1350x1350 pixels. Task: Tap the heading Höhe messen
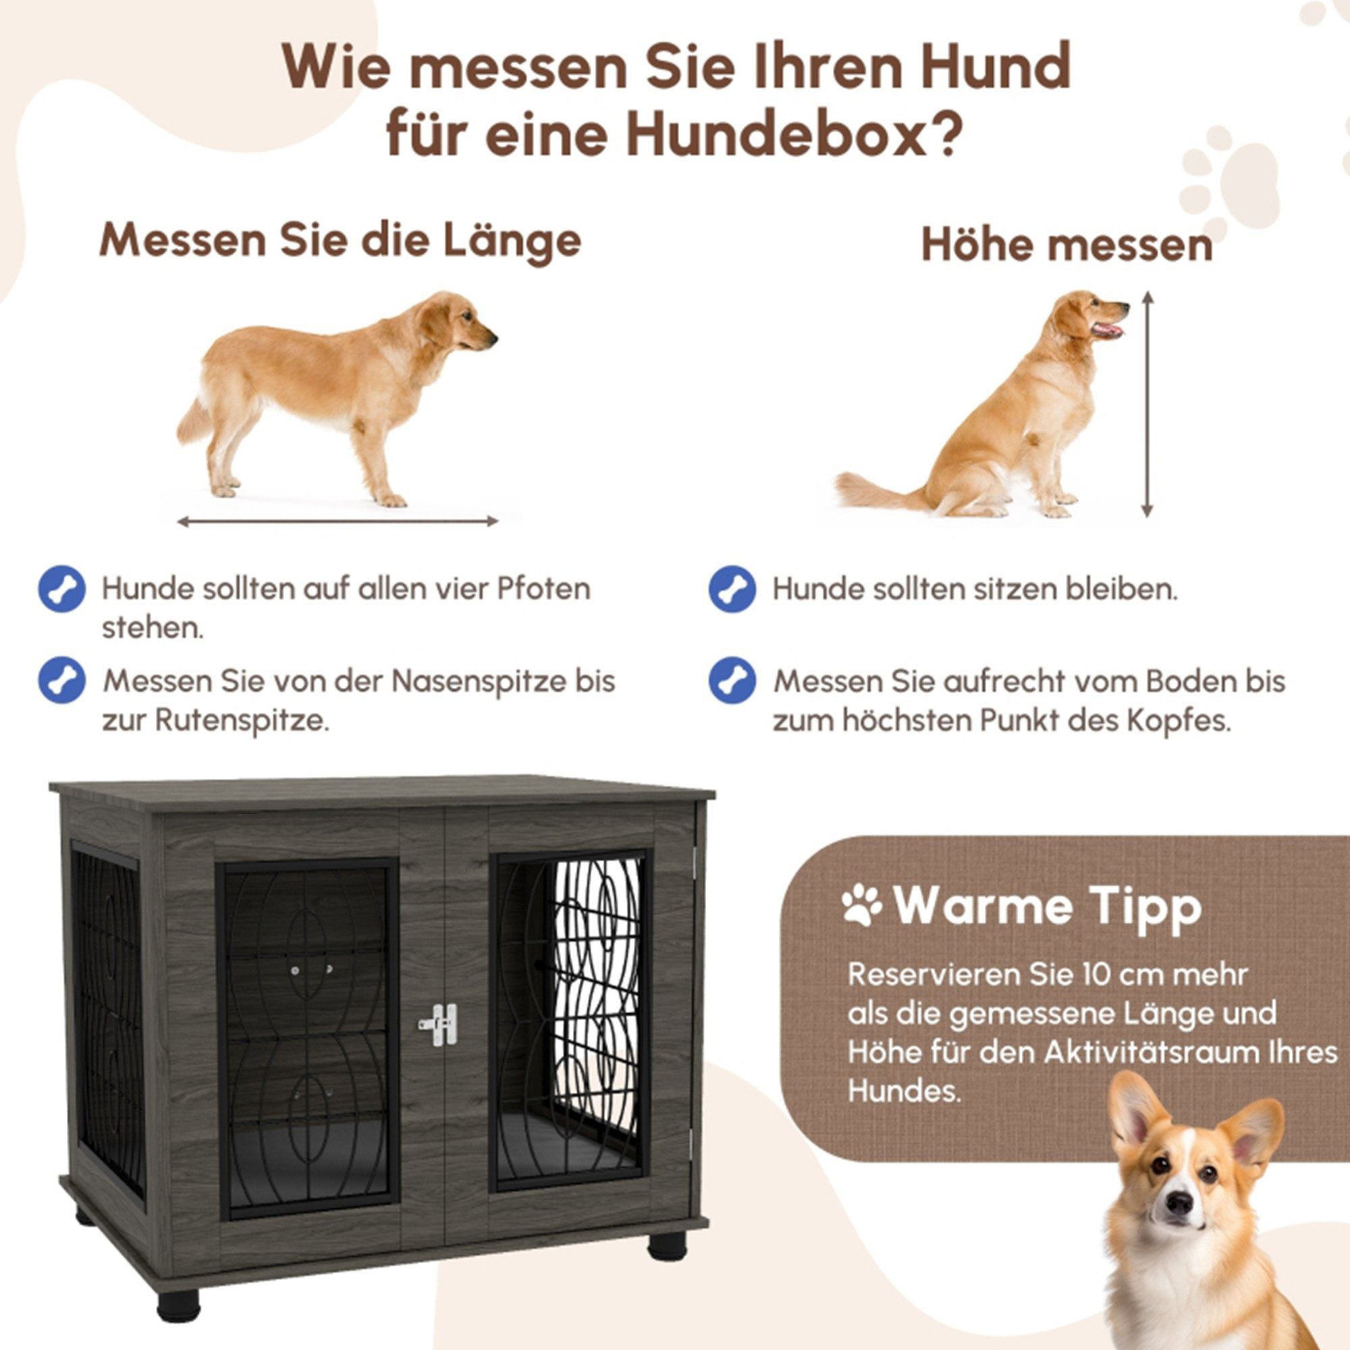[1066, 245]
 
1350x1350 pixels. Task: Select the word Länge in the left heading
[511, 240]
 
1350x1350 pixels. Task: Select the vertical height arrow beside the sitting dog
[1147, 404]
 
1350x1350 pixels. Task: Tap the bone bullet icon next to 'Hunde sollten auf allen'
[62, 589]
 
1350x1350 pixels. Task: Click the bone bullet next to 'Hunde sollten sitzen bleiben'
[732, 589]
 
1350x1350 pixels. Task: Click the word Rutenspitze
[241, 720]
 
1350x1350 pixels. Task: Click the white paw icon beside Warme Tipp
[861, 906]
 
